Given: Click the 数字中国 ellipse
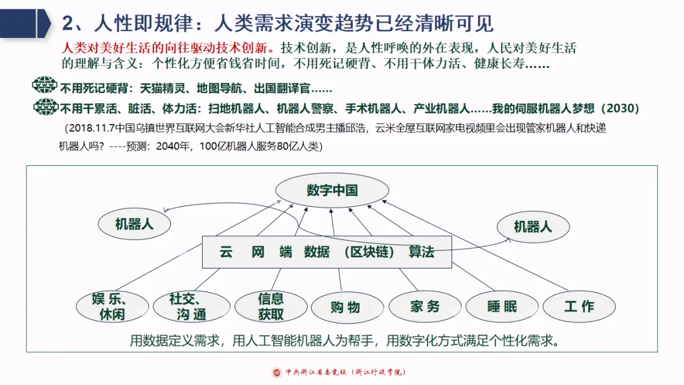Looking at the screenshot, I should [x=332, y=191].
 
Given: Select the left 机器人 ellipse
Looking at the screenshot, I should [x=134, y=224].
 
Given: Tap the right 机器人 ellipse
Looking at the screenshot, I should [x=533, y=226].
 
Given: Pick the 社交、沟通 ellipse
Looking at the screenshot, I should [x=187, y=306].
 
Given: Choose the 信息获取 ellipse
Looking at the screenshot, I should [x=270, y=306].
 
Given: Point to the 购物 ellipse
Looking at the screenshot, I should [x=345, y=307].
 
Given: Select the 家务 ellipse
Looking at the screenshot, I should [x=424, y=307].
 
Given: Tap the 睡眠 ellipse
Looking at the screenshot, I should [x=502, y=307].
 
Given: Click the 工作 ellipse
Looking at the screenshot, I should [x=579, y=306].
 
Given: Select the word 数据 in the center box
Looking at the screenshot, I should [x=317, y=252].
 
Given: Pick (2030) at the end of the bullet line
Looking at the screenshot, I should [x=615, y=108].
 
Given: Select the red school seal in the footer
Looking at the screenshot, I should [x=277, y=372].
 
